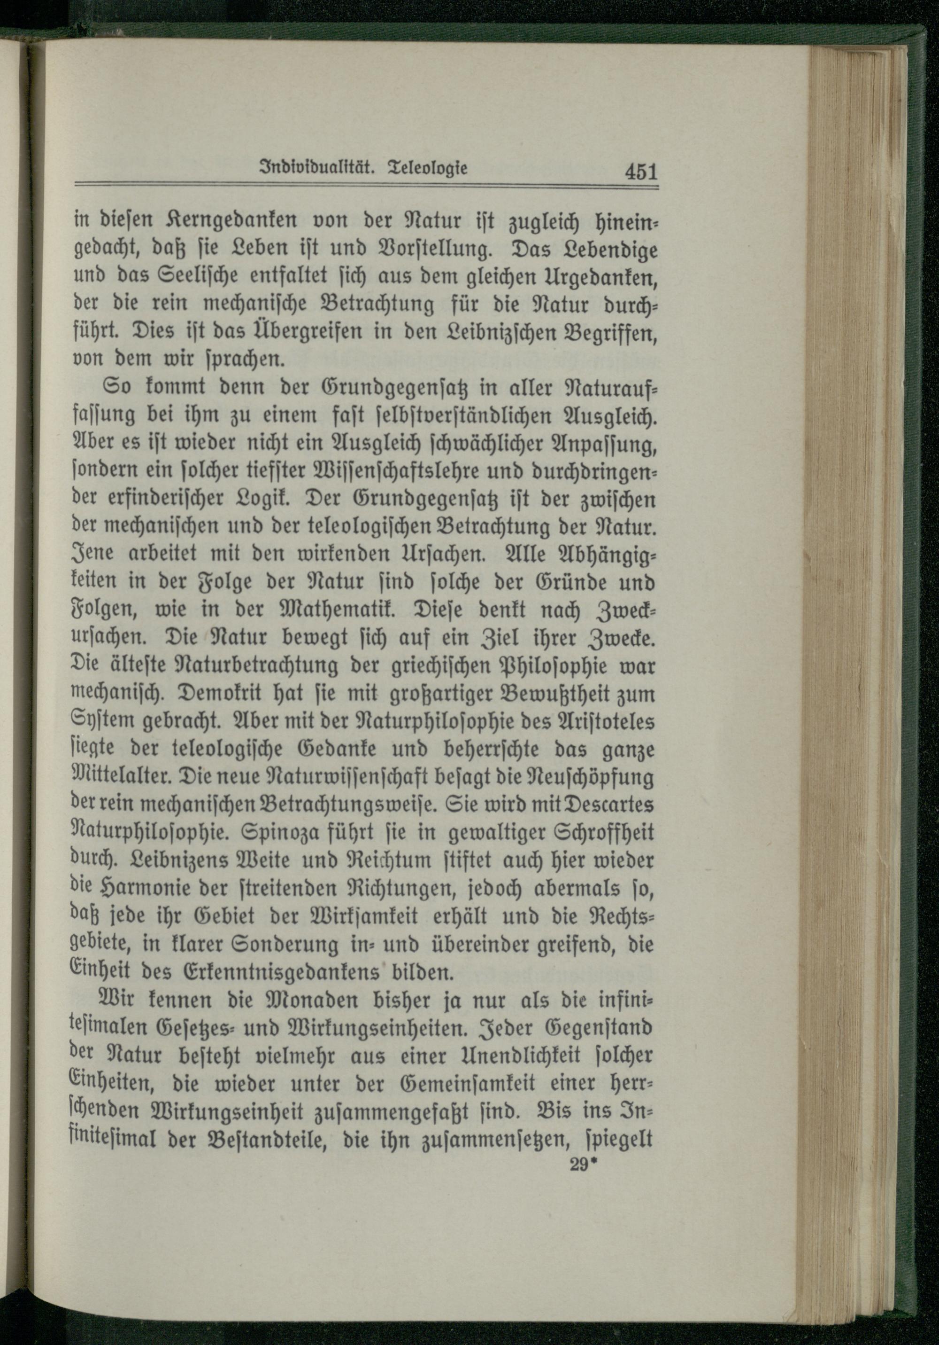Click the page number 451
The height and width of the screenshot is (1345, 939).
point(641,172)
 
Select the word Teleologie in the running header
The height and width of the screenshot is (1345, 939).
point(428,169)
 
